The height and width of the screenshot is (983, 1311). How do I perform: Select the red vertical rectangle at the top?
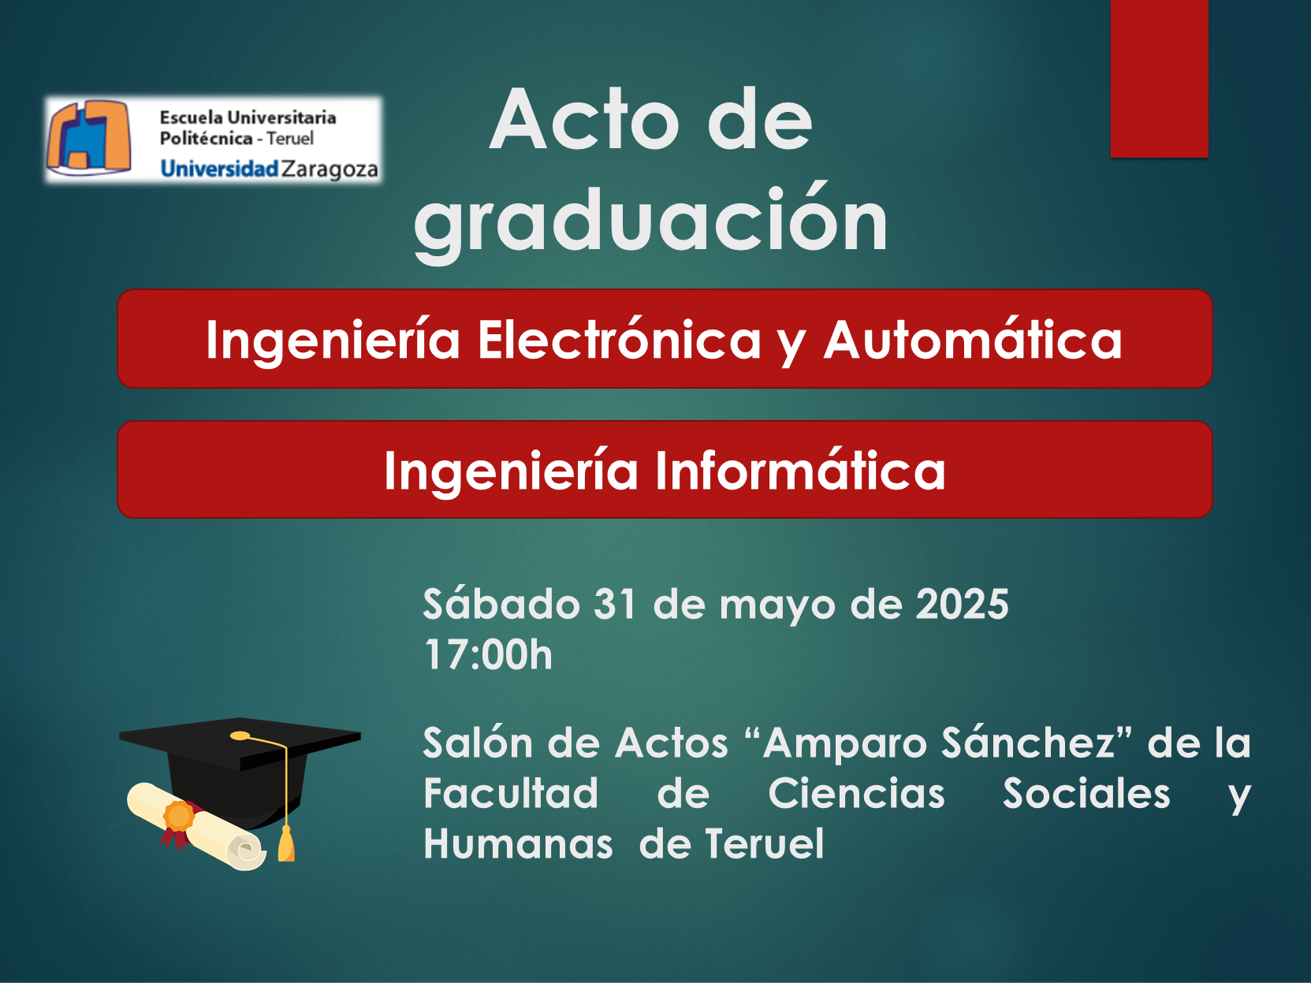[1160, 79]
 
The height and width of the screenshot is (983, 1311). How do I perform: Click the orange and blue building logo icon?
[89, 137]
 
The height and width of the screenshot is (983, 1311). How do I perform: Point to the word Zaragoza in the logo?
[330, 169]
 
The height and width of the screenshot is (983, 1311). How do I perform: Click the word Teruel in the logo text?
[290, 139]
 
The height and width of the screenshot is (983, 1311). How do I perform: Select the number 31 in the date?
[615, 604]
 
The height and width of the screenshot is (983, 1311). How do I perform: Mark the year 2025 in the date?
[963, 604]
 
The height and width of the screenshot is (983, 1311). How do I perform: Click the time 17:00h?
[488, 654]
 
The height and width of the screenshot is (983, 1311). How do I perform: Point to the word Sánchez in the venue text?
[1029, 743]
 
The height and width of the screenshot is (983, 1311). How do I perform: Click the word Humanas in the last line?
[519, 843]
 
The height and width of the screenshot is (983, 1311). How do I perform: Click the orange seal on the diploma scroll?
[179, 816]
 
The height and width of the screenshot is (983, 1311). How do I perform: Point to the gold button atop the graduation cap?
[240, 735]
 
